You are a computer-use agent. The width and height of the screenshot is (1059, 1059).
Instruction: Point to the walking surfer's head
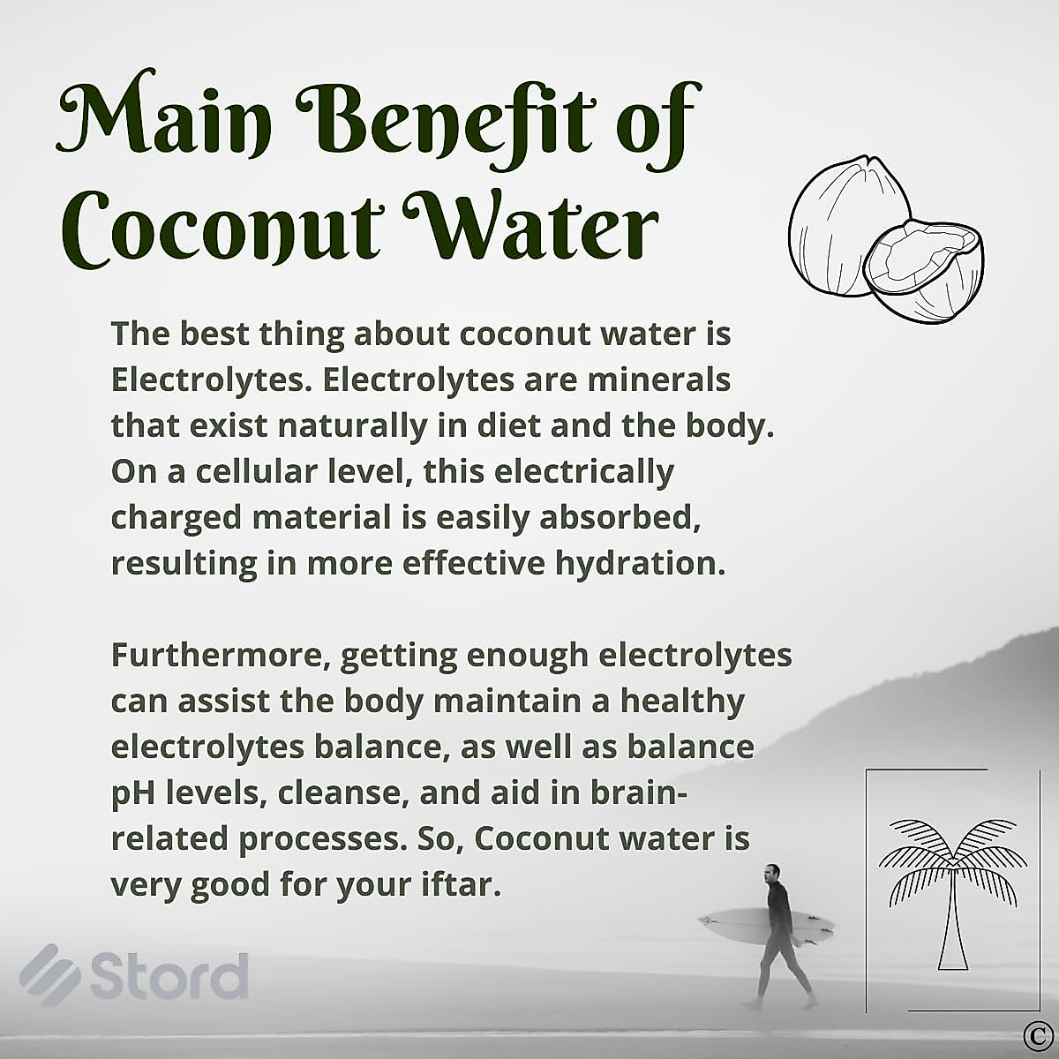[770, 875]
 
